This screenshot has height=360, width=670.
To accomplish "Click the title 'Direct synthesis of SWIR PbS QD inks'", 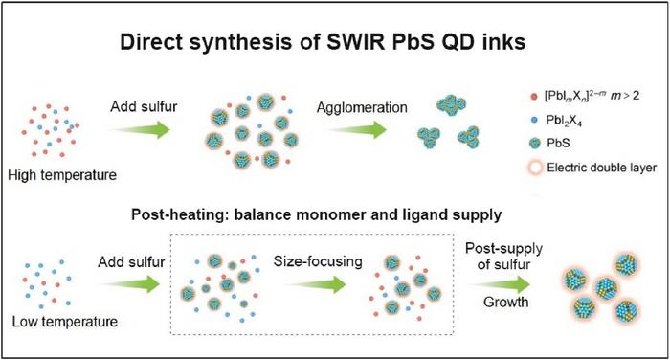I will click(x=334, y=45).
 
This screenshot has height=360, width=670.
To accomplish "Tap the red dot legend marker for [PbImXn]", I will click(x=505, y=95).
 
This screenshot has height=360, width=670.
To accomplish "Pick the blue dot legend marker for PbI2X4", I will click(x=505, y=120).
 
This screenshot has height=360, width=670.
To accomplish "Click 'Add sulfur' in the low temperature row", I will click(x=131, y=259).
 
